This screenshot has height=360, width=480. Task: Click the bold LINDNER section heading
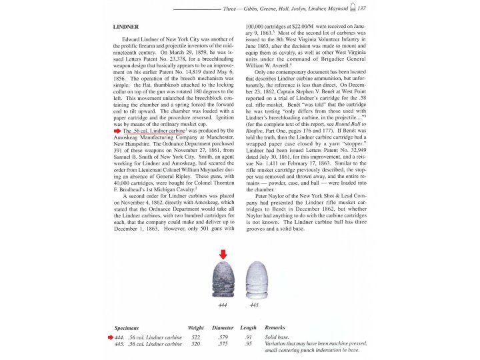(x=126, y=27)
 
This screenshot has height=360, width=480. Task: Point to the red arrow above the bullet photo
(x=223, y=253)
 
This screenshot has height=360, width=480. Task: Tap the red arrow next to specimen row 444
(x=111, y=338)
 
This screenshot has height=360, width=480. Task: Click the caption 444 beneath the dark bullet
(x=223, y=305)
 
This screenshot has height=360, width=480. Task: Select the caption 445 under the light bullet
(x=253, y=305)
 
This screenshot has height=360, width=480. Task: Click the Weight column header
(x=195, y=328)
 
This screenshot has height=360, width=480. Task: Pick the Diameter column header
(x=223, y=328)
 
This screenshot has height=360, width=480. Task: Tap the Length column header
(x=248, y=328)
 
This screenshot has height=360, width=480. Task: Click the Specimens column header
(x=127, y=328)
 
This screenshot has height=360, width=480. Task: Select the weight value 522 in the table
(x=195, y=338)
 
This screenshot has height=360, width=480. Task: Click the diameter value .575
(x=223, y=345)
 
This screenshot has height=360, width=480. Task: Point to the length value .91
(x=248, y=338)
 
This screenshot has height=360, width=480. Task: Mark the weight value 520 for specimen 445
(x=195, y=345)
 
